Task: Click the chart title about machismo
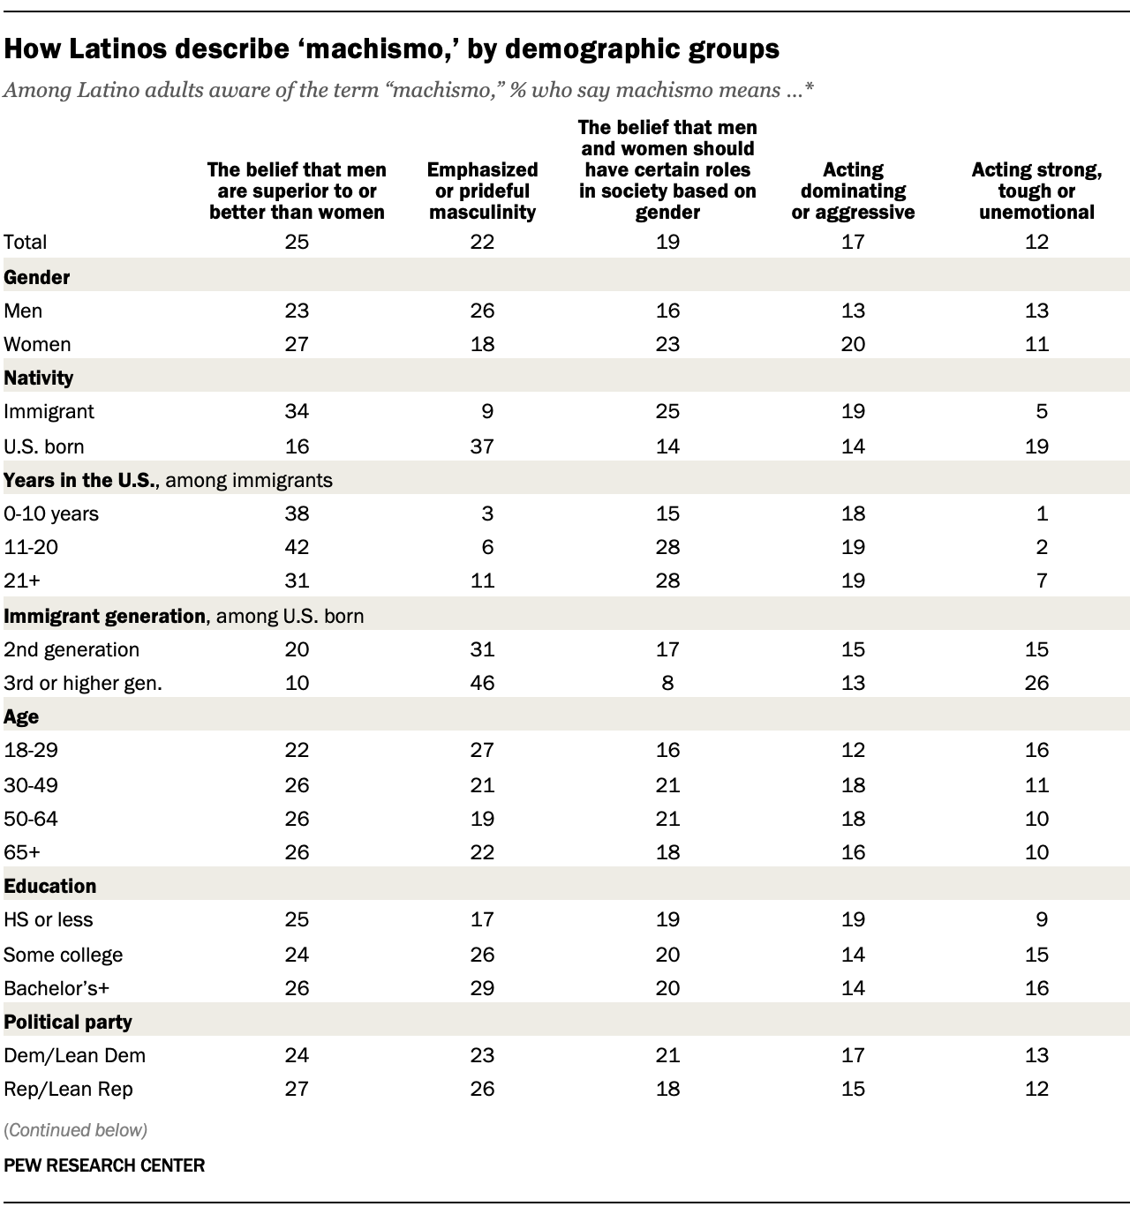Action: coord(391,49)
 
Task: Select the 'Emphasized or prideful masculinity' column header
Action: coord(482,191)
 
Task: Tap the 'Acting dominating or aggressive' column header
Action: coord(853,191)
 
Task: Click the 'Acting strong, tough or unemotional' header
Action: coord(1036,191)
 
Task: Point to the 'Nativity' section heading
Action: coord(39,378)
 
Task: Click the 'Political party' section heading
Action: coord(68,1022)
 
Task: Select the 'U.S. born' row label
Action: coord(44,446)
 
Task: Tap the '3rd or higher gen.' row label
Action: coord(83,683)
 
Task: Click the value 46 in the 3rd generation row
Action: coord(482,683)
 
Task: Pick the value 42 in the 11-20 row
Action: coord(297,547)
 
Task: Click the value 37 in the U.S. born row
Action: coord(482,446)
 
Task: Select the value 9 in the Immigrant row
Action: coord(488,411)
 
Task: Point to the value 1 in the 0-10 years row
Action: coord(1043,513)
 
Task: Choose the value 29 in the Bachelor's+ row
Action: coord(482,988)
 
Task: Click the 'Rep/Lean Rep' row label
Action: coord(68,1089)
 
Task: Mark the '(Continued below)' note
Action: coord(75,1129)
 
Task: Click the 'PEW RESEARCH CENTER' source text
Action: coord(104,1165)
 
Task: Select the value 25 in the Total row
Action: coord(297,242)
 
